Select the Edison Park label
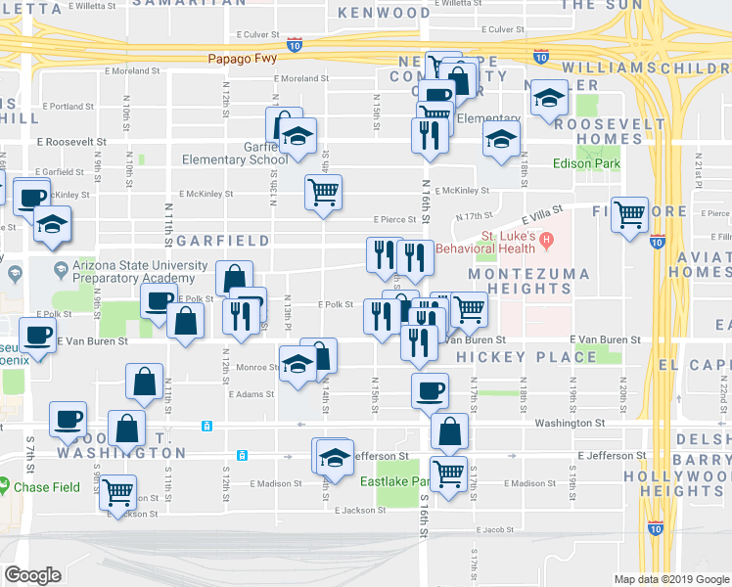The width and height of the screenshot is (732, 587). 587,163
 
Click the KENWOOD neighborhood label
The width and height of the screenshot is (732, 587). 384,13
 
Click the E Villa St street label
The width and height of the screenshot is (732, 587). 544,210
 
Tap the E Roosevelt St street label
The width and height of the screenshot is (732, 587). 71,141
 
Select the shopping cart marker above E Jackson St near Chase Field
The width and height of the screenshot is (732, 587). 117,491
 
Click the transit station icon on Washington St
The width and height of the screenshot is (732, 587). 207,426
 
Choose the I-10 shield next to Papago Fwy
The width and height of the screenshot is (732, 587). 295,45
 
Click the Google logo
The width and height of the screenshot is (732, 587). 33,575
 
